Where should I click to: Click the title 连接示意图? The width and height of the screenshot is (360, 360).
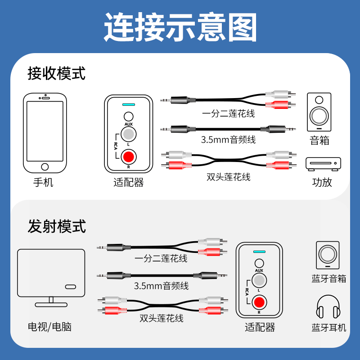click(x=180, y=27)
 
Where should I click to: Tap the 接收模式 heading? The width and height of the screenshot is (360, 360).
click(x=57, y=73)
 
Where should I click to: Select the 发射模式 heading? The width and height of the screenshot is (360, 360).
click(x=57, y=226)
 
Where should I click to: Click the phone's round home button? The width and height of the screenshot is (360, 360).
click(x=45, y=166)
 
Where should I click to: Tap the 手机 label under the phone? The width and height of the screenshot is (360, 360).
click(x=43, y=183)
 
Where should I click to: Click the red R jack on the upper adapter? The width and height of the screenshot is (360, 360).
click(x=129, y=157)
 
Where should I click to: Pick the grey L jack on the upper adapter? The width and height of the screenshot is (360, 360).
click(x=129, y=134)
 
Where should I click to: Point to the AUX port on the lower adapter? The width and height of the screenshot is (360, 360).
click(x=259, y=263)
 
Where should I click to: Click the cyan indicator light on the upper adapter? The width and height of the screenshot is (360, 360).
click(x=129, y=105)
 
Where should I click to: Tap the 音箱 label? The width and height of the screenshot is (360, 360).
click(x=319, y=140)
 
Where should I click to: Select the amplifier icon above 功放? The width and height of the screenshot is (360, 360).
click(x=323, y=164)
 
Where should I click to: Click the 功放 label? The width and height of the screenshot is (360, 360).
click(x=322, y=182)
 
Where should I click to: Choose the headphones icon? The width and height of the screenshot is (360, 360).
click(x=328, y=306)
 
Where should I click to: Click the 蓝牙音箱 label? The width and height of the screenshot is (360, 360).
click(x=329, y=279)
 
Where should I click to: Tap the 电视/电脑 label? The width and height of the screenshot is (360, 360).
click(x=49, y=327)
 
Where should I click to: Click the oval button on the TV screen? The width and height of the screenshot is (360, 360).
click(x=71, y=287)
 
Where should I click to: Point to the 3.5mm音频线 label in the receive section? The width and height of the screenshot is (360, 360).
click(x=228, y=139)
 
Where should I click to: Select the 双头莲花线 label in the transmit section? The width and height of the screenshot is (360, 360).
click(x=162, y=318)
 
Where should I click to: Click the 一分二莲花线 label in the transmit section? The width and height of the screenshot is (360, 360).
click(x=161, y=258)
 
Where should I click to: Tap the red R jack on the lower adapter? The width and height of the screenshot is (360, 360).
click(x=259, y=302)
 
